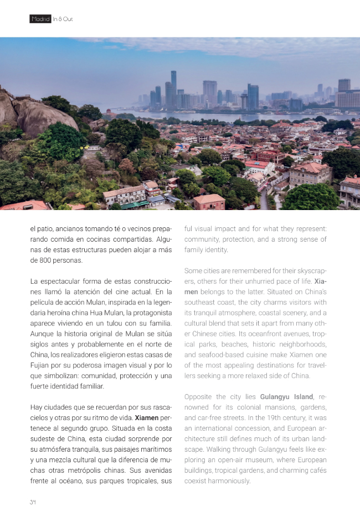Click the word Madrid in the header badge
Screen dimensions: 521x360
[40, 19]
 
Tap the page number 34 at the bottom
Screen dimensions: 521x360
[33, 502]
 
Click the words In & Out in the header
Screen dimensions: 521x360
[63, 19]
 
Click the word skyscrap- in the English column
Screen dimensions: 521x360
[309, 270]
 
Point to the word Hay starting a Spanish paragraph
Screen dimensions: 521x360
[37, 407]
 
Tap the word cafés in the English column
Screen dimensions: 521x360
[316, 471]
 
